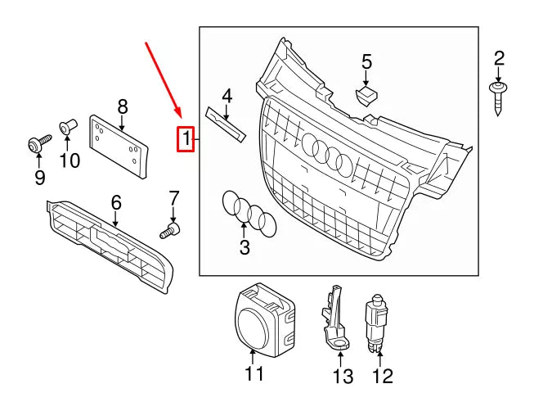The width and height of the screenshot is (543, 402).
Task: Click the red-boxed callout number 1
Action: point(187,140)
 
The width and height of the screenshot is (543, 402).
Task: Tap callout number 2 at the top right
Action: point(499,57)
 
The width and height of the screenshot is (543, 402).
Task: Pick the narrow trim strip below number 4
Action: point(225,124)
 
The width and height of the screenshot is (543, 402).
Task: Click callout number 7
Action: point(173,197)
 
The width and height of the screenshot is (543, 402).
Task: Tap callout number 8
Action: point(123,106)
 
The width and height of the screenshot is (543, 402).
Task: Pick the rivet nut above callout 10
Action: point(67,128)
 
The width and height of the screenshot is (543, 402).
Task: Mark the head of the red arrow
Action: point(178,115)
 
